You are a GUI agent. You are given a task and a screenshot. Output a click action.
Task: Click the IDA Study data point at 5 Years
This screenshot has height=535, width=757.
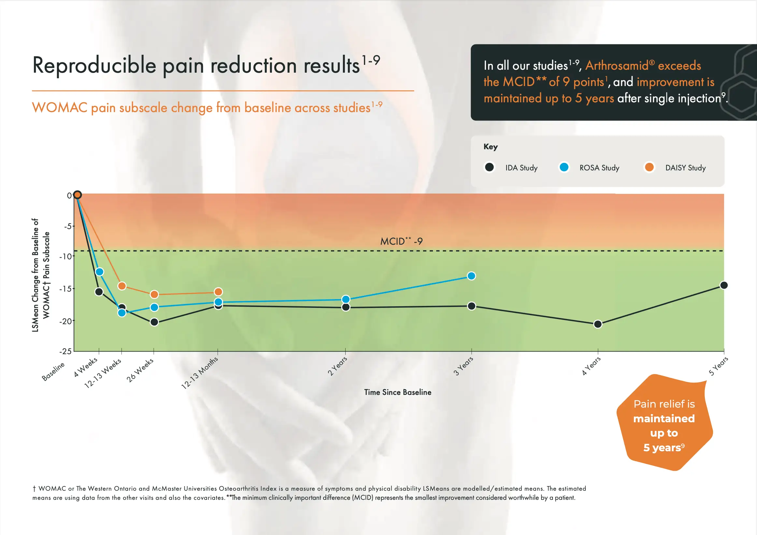724,285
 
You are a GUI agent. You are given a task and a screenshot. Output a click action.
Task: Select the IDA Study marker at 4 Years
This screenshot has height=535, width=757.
598,324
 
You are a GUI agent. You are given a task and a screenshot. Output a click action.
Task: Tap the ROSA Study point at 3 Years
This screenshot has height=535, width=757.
471,276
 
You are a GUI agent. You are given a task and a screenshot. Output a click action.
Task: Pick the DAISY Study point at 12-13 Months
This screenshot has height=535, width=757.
218,292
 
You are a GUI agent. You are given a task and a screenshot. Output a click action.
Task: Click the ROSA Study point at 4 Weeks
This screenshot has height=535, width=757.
99,272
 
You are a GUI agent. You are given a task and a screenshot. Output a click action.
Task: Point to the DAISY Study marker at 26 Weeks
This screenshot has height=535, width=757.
154,294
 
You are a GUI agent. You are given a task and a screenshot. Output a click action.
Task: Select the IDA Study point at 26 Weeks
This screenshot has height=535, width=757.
154,322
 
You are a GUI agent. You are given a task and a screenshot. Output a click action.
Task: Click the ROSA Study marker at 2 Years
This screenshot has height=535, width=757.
346,299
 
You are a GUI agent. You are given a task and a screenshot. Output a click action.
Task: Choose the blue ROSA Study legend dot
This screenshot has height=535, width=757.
564,167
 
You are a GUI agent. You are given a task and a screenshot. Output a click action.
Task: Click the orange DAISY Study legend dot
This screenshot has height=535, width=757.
649,167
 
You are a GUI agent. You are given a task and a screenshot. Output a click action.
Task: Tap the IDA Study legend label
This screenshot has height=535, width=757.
521,168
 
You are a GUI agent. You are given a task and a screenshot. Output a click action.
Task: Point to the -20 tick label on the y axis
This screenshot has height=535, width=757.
65,321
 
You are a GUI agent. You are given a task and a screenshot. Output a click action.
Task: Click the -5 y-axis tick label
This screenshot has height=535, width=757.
68,226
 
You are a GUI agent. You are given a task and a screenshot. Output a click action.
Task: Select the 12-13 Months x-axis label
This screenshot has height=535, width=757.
200,373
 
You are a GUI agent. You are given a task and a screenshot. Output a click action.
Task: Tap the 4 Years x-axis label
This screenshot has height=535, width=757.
591,366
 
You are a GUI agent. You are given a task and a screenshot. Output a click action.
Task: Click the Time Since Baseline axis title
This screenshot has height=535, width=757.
398,392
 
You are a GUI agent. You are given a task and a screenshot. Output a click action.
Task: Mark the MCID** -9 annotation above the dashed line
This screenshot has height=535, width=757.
401,241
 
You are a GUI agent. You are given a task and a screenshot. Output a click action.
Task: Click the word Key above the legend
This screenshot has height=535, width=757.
490,147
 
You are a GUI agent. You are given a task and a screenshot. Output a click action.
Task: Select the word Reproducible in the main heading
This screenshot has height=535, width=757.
94,65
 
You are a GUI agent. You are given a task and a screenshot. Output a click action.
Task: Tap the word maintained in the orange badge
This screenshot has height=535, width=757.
664,419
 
